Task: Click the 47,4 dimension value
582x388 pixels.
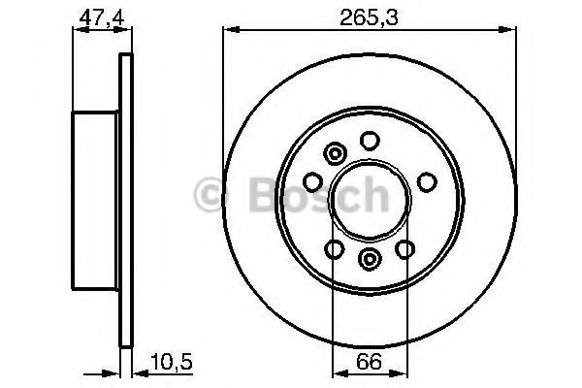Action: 97,16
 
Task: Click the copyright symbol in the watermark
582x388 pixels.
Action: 212,197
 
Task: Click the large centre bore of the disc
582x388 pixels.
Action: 368,200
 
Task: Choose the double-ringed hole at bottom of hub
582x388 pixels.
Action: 370,258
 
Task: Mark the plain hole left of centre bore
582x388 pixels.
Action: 313,181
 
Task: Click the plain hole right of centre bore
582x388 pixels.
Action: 425,181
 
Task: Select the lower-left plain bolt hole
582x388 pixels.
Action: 334,250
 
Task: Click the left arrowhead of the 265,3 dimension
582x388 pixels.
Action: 229,31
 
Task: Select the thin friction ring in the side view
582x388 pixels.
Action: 124,199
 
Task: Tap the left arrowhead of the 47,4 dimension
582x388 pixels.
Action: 78,31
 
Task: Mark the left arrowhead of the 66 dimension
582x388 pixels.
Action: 338,372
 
